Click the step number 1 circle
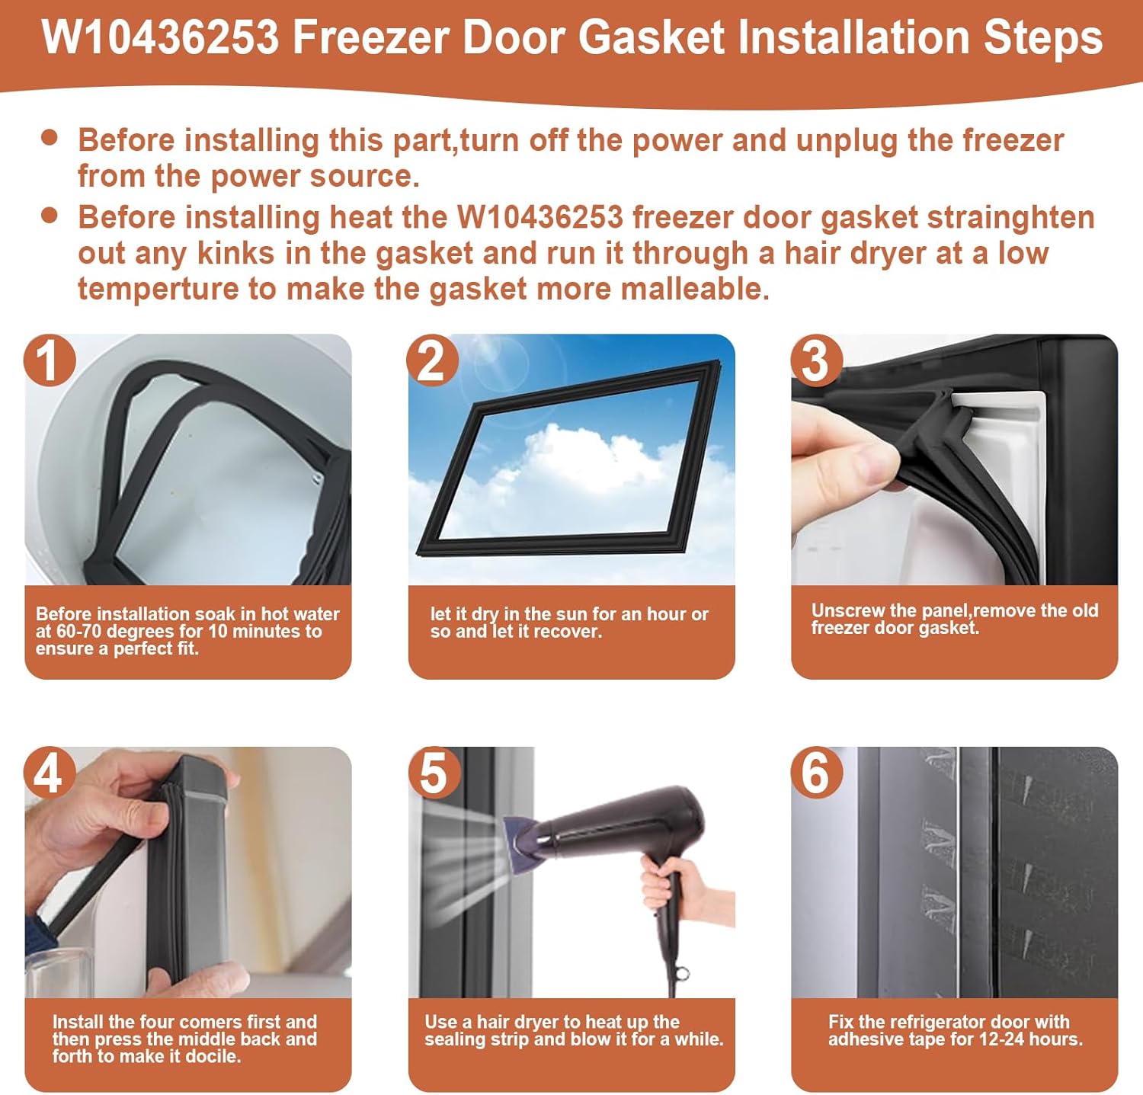point(50,360)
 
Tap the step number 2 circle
point(432,360)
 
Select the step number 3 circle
point(816,360)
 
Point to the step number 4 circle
point(50,773)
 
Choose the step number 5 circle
point(434,773)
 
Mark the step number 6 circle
point(816,773)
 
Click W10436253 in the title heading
point(161,38)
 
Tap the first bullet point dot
point(50,138)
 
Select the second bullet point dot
point(50,215)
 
